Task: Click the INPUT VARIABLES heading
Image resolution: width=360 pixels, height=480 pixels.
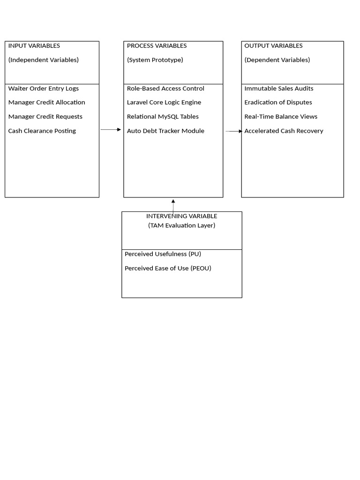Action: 34,46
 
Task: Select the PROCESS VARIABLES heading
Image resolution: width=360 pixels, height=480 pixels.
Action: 157,46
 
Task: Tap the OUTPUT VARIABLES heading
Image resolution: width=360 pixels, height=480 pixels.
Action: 273,46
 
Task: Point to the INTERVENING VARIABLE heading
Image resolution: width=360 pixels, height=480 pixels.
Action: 181,216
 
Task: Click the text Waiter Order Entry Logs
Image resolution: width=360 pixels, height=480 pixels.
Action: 44,89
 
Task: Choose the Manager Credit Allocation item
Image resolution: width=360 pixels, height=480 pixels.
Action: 46,103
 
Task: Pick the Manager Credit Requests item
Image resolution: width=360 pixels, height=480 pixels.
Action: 45,117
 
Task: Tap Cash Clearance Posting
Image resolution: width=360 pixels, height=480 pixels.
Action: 42,131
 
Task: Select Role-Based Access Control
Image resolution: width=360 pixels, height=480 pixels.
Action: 165,89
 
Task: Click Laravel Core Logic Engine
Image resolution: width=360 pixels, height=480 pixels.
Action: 164,103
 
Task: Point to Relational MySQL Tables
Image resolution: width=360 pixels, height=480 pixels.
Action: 163,117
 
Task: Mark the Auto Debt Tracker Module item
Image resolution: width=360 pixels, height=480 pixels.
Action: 165,131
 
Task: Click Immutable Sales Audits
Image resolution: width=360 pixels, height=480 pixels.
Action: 279,89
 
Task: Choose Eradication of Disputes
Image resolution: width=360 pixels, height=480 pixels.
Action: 278,103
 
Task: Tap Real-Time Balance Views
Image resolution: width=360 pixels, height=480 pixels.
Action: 281,117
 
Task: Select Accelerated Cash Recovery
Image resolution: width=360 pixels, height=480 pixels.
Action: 284,131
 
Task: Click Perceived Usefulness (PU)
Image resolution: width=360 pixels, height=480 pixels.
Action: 163,254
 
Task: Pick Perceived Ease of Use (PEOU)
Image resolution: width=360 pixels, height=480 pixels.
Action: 168,269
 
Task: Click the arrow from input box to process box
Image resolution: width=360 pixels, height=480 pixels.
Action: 111,129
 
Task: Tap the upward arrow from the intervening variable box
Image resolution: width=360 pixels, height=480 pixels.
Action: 173,208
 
